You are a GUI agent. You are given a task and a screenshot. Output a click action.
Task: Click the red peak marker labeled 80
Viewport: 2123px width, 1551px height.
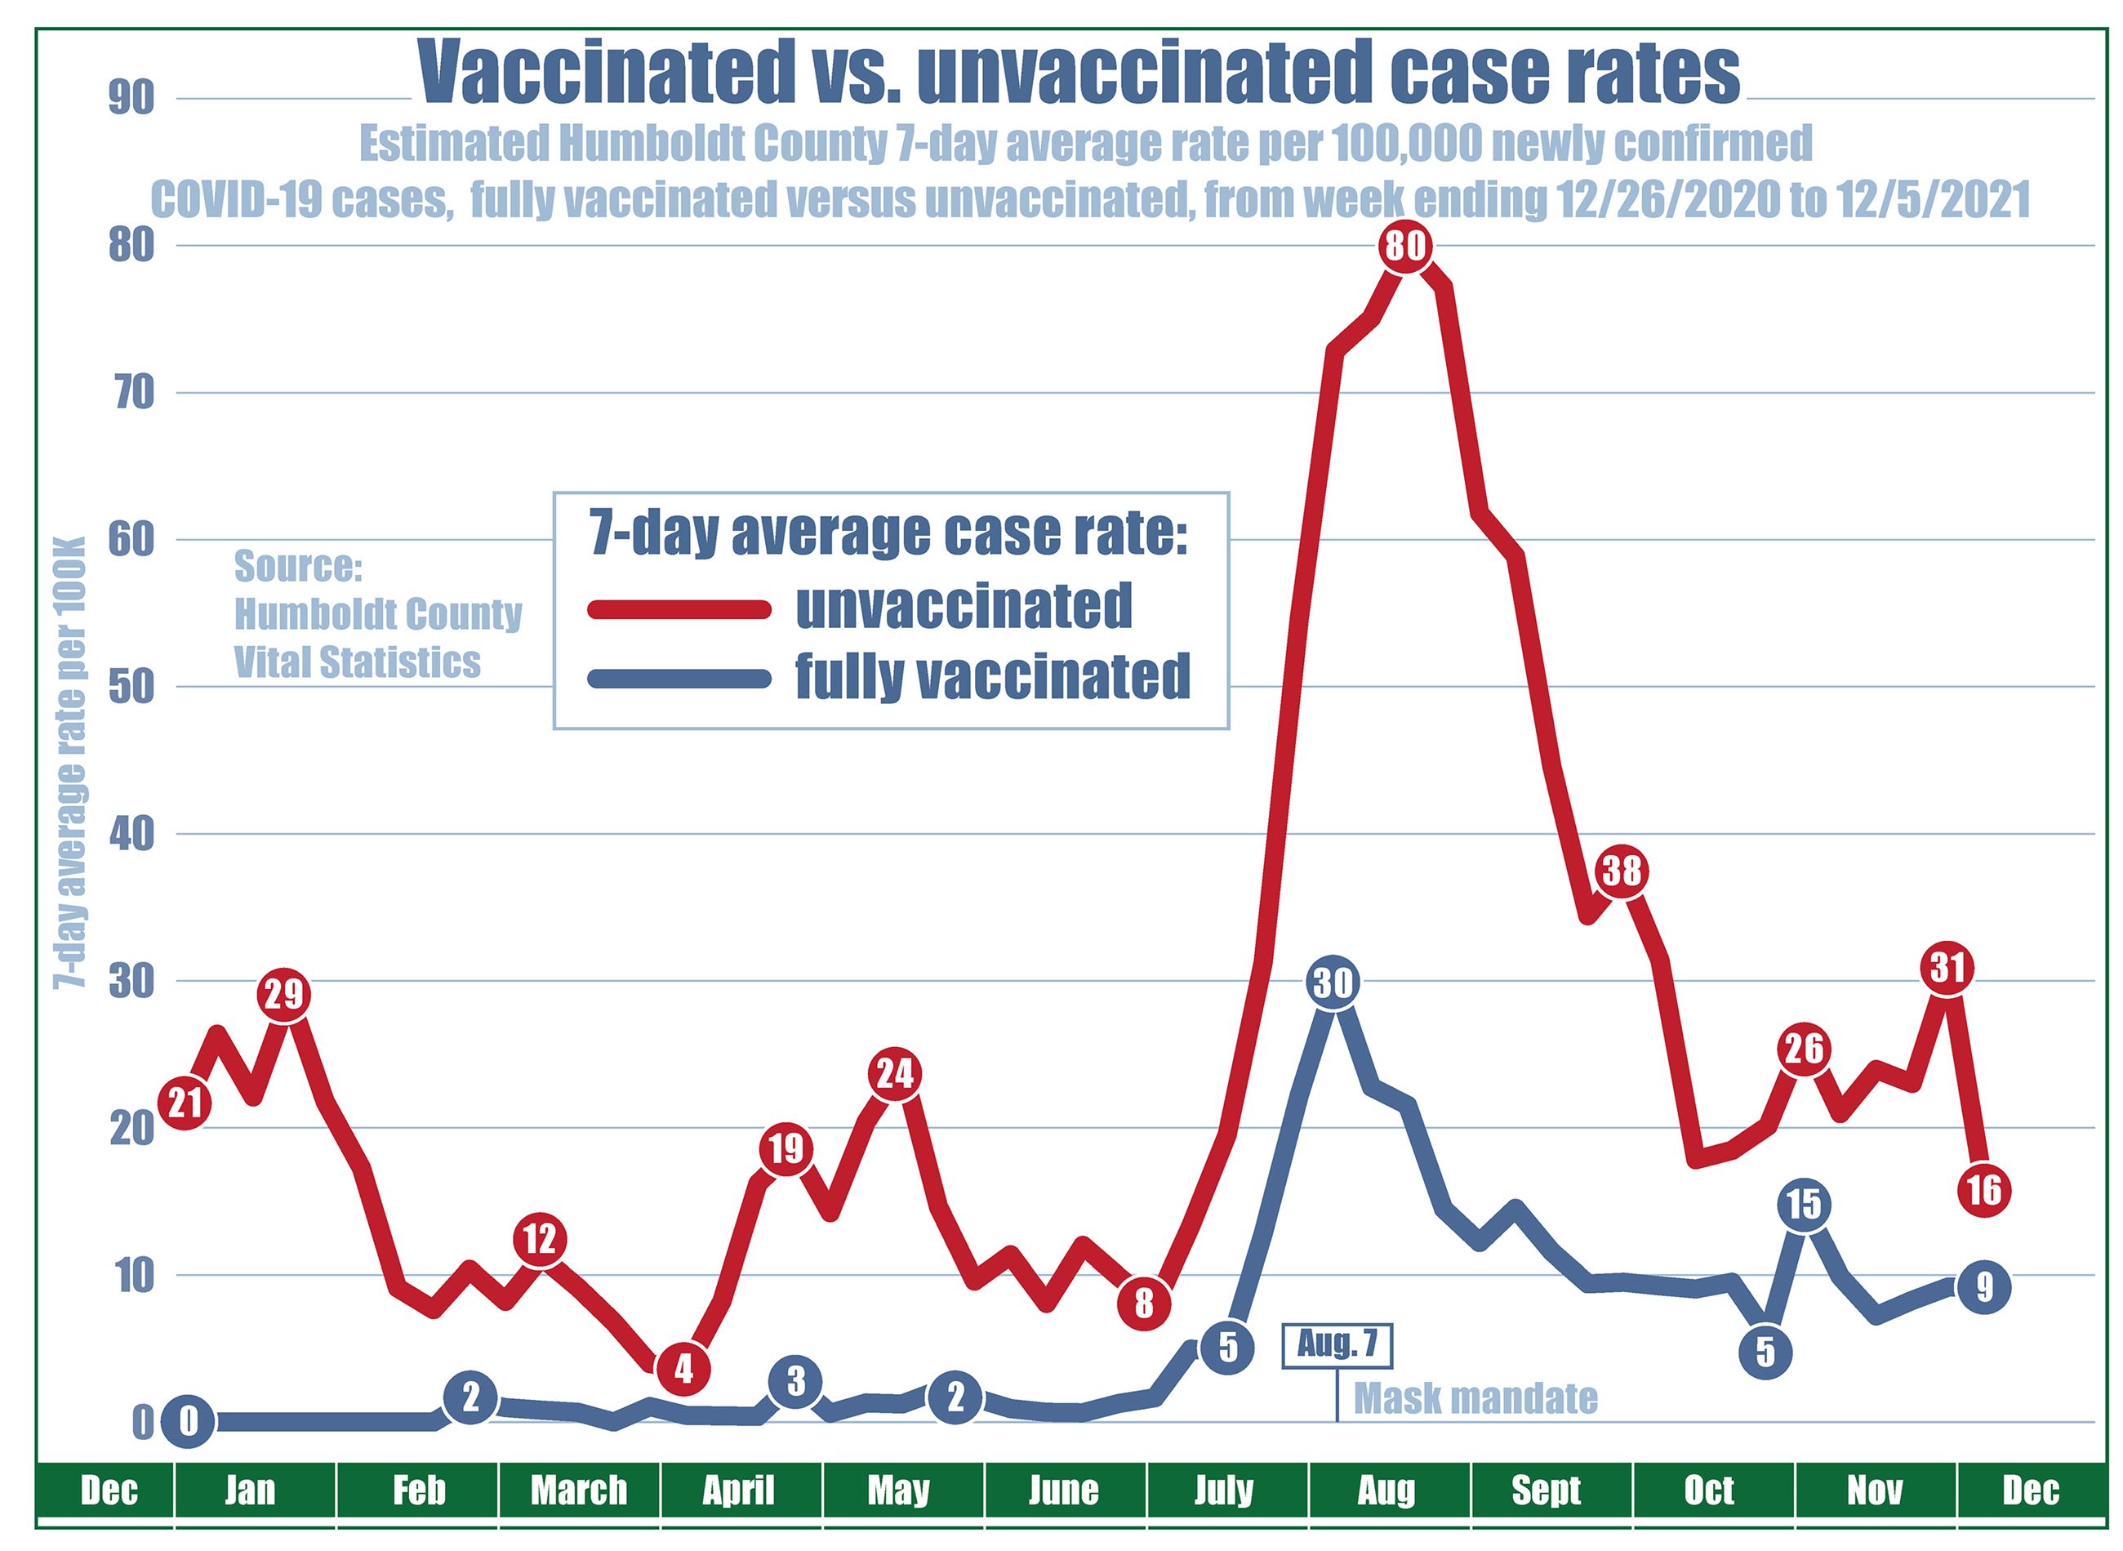pyautogui.click(x=1405, y=247)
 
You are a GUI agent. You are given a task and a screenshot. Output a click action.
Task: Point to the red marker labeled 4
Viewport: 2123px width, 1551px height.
pyautogui.click(x=683, y=1368)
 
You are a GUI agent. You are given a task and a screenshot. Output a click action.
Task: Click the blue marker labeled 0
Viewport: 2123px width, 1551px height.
pyautogui.click(x=188, y=1421)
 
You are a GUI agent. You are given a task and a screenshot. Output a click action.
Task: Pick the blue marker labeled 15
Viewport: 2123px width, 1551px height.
pyautogui.click(x=1803, y=1205)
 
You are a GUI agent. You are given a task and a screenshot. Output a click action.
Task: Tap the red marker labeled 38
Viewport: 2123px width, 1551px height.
pyautogui.click(x=1622, y=871)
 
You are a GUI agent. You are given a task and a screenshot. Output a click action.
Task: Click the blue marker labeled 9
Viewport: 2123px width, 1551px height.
pyautogui.click(x=1983, y=1287)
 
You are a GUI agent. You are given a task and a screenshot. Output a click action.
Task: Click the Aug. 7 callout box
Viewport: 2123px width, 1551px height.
pyautogui.click(x=1337, y=1345)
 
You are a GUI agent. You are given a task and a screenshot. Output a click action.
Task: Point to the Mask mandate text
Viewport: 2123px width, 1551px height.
pyautogui.click(x=1475, y=1399)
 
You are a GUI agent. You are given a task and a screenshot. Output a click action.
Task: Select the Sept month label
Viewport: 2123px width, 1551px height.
pyautogui.click(x=1547, y=1490)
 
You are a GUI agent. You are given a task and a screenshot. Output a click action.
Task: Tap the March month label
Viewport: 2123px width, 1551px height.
pyautogui.click(x=579, y=1490)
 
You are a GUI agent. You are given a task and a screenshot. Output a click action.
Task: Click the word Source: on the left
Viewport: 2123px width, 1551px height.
pyautogui.click(x=299, y=566)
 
